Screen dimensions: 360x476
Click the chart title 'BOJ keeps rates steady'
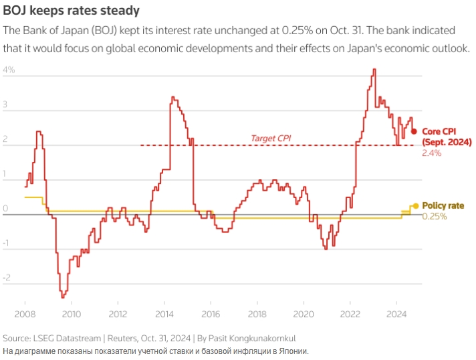tap(72, 11)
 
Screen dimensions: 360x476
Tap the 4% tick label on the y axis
tap(9, 70)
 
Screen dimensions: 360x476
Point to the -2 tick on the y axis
tap(7, 278)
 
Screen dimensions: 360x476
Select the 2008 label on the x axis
tap(25, 313)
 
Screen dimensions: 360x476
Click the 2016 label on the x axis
tap(211, 313)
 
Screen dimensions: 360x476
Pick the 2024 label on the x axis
tap(397, 313)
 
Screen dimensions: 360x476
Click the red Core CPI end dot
tap(414, 131)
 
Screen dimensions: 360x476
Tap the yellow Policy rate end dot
tap(415, 206)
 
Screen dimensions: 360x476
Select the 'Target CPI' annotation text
tap(271, 138)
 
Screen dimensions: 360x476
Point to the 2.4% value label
tap(432, 153)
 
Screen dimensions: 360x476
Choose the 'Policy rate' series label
tap(443, 205)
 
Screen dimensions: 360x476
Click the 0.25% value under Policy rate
tap(434, 216)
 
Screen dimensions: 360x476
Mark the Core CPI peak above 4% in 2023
tap(374, 69)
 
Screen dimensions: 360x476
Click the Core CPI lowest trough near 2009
tap(63, 296)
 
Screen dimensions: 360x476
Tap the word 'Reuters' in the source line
tap(123, 338)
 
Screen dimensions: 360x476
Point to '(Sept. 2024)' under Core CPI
tap(447, 142)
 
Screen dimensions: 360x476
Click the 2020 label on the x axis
tap(304, 313)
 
